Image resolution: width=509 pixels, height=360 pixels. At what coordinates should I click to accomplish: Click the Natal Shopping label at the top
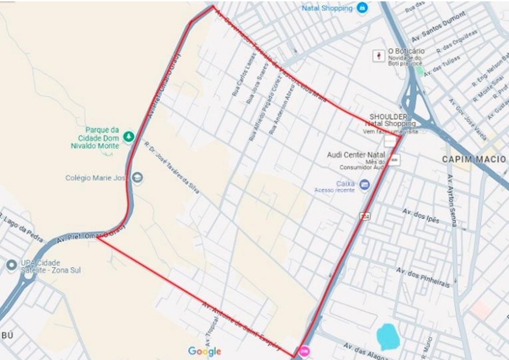(x=329, y=8)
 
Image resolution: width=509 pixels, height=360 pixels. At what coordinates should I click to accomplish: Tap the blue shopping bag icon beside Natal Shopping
(x=363, y=8)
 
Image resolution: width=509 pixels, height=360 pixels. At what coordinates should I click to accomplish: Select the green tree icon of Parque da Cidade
(x=128, y=137)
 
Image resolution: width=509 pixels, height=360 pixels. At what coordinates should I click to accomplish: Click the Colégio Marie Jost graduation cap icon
(x=137, y=177)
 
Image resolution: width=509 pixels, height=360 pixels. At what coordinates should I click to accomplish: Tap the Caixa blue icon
(x=364, y=184)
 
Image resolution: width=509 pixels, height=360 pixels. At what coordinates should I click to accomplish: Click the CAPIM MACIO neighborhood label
(x=473, y=159)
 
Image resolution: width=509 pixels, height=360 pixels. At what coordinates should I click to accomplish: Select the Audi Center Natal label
(x=357, y=155)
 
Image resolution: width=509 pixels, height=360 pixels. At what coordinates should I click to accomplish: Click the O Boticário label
(x=406, y=51)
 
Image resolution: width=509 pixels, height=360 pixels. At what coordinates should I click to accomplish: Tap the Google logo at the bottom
(x=204, y=351)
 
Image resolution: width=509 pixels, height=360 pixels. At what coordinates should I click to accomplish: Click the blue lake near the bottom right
(x=388, y=336)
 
